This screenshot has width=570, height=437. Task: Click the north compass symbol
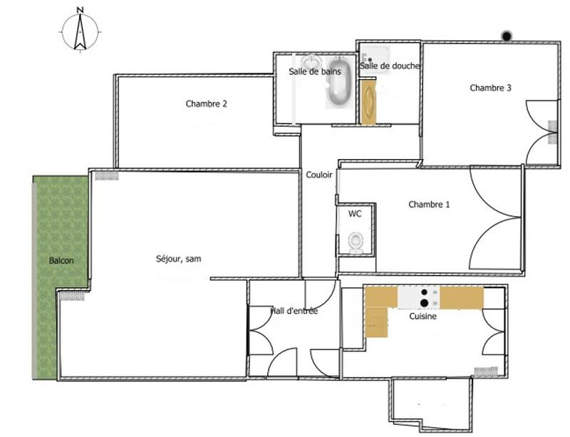(x=80, y=31)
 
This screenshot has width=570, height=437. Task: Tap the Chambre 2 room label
(x=207, y=104)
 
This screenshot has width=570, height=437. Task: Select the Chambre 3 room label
(x=490, y=88)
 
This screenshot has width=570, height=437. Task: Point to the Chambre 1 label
(x=429, y=205)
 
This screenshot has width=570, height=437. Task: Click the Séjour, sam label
(x=178, y=259)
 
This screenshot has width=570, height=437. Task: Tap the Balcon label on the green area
(x=61, y=261)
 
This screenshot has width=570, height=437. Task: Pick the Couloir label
(x=318, y=175)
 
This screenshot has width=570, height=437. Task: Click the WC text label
(x=355, y=213)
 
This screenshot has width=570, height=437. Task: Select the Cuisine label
(x=423, y=317)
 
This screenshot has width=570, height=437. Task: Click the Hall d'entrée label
(x=294, y=311)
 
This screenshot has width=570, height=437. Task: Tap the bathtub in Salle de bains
(x=338, y=85)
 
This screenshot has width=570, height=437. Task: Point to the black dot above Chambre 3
(x=507, y=36)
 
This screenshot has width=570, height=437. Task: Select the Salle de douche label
(x=390, y=66)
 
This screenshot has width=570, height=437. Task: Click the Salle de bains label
(x=314, y=72)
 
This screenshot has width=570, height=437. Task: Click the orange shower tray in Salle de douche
(x=368, y=103)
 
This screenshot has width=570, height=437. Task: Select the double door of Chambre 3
(x=541, y=133)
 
